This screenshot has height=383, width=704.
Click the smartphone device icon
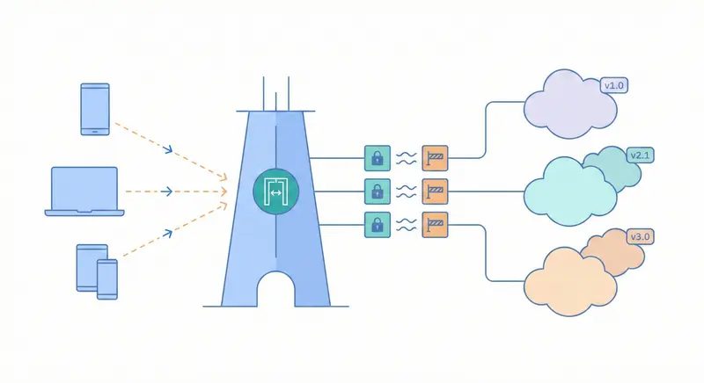coord(95,109)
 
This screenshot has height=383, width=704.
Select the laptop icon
coord(84,191)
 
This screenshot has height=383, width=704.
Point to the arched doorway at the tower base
coord(275,290)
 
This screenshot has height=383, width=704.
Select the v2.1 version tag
coord(640,155)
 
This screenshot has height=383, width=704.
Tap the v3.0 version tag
coord(640,237)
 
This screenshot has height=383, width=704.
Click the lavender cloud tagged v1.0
coord(568,107)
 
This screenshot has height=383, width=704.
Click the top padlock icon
coord(377,158)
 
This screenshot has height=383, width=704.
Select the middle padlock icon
coord(377,191)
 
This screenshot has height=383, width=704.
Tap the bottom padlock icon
coord(377,223)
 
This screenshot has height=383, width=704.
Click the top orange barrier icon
coord(435,158)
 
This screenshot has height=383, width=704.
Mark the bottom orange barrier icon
coord(435,223)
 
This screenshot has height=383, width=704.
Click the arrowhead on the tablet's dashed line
coord(168,232)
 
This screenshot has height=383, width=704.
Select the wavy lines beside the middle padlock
coord(406,191)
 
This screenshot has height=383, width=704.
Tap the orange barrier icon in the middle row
coord(435,191)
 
